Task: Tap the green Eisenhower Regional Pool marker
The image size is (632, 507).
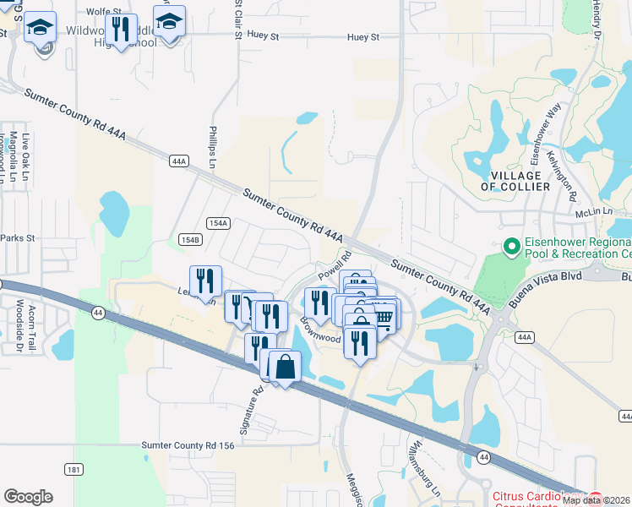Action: tap(510, 248)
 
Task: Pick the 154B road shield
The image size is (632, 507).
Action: tap(191, 240)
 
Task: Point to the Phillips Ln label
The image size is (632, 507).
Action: tap(213, 148)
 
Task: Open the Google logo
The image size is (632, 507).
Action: tap(28, 497)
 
